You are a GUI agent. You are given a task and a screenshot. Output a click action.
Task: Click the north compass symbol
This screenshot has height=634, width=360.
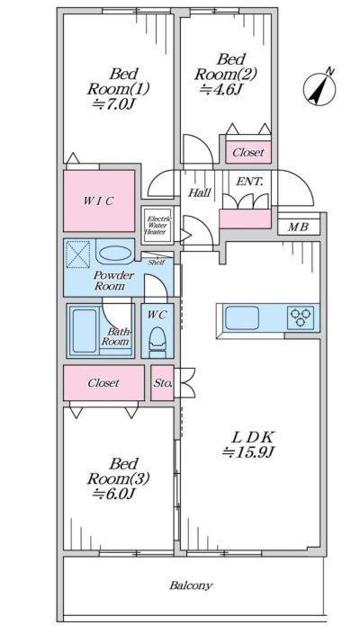319,90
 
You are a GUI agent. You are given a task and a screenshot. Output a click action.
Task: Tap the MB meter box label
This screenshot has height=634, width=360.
298,227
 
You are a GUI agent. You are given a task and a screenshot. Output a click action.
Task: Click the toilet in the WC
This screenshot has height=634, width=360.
157,341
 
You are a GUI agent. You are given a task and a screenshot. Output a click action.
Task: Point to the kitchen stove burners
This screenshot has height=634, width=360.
301,317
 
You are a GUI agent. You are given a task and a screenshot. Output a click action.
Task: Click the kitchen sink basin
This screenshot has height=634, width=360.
242,317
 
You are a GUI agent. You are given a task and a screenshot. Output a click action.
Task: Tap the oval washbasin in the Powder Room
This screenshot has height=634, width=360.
116,254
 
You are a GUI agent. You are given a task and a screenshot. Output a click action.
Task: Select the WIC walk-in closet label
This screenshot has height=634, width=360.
99,201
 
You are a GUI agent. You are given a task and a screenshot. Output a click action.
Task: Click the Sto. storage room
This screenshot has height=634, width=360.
163,382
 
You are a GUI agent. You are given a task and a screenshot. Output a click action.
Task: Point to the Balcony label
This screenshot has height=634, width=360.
191,585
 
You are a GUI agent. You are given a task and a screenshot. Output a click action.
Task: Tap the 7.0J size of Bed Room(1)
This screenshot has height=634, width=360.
113,104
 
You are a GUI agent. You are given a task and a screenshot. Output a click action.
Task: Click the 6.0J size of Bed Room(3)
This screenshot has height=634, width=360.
113,494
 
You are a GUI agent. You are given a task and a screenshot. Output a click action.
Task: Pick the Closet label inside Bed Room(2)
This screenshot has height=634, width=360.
248,153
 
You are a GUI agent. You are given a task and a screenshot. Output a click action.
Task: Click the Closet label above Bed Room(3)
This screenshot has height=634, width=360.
104,382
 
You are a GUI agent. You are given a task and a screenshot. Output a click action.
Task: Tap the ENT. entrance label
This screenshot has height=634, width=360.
249,182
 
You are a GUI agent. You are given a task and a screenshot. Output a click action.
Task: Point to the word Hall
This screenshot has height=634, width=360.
200,192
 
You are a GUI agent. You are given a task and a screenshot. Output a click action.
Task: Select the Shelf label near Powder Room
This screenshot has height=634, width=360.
156,262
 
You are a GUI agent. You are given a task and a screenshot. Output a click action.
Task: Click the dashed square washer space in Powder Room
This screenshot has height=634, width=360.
77,254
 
